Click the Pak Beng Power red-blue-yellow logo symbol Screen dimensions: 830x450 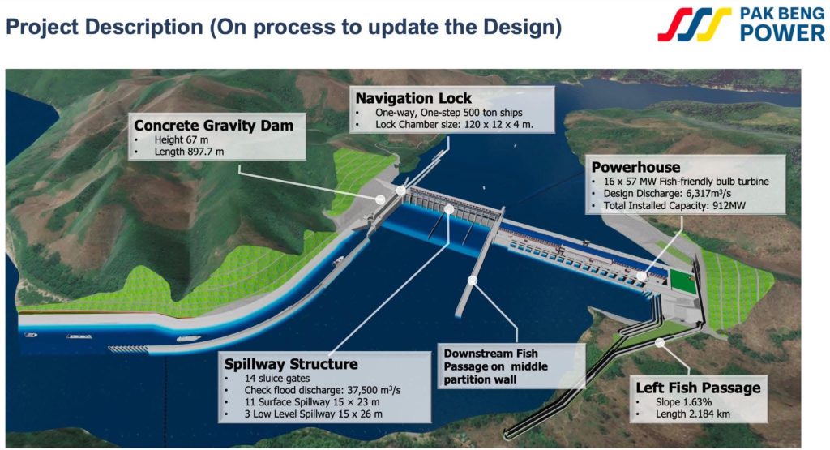(694, 24)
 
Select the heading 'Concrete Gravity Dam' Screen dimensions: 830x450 (213, 126)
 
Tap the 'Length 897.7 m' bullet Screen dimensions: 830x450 (189, 152)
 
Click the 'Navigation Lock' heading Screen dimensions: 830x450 (413, 98)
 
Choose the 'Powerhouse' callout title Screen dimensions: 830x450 (635, 167)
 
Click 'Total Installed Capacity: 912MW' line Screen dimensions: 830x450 (674, 206)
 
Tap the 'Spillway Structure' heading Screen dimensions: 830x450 (291, 364)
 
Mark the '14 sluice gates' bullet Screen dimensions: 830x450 (277, 379)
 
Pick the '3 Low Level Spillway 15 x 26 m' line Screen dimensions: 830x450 (313, 414)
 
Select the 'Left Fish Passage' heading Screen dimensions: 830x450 (698, 388)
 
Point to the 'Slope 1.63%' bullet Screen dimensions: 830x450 (683, 402)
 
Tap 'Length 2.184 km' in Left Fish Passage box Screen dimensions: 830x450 (693, 414)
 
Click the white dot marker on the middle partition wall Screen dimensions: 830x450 (473, 280)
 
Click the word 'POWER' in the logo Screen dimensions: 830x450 (782, 32)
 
